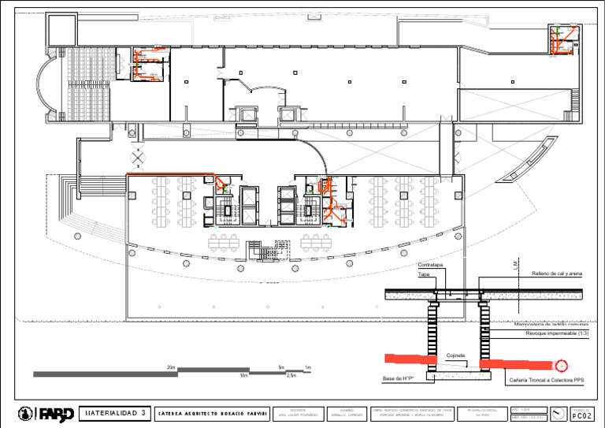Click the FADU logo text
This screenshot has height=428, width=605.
tap(57, 413)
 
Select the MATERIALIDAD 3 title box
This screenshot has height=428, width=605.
tap(115, 413)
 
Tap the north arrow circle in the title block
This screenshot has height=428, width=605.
tap(558, 413)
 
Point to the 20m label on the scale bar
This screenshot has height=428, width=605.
tap(171, 367)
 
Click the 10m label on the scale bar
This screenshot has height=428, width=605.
tap(243, 376)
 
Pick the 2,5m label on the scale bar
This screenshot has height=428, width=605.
tap(291, 376)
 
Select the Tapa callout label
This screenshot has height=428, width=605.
tap(424, 275)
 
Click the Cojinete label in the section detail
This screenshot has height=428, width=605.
tap(455, 355)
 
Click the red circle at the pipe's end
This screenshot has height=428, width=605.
tap(561, 366)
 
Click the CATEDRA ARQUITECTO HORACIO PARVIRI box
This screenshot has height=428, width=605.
tap(213, 413)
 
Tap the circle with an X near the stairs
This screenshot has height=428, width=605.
tap(139, 158)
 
